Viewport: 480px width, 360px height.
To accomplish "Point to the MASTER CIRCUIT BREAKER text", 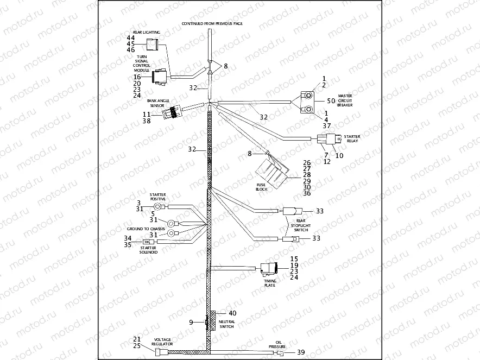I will [x=345, y=100].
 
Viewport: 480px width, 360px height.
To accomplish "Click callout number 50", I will [x=331, y=101].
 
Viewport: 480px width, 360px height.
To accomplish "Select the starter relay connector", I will [x=329, y=141].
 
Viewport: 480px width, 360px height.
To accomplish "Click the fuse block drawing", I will [x=274, y=171].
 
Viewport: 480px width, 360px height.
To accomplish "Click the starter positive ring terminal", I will [x=158, y=206].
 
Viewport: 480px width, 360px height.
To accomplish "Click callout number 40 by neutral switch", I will [x=232, y=313].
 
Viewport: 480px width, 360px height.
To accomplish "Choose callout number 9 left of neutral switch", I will [x=191, y=323].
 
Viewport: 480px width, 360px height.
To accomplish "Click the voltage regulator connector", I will [x=159, y=352].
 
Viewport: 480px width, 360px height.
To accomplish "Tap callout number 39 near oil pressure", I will [x=300, y=352].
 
